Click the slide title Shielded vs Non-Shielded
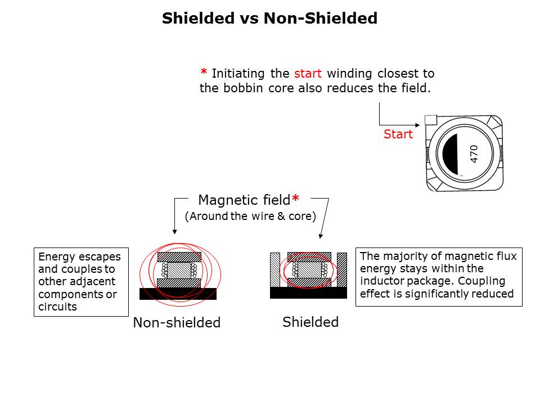point(269,19)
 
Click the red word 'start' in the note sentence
point(308,74)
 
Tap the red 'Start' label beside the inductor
point(398,135)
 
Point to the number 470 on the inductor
point(474,154)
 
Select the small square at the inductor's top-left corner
point(431,120)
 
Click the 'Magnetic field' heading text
point(244,200)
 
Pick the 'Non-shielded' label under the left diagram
point(177,323)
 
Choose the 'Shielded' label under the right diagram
point(310,322)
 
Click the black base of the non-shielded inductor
point(178,294)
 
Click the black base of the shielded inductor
point(308,292)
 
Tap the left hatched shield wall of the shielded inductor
point(275,270)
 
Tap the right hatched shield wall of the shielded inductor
point(341,270)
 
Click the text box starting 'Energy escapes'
point(81,282)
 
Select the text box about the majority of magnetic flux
point(439,276)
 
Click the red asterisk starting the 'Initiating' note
point(204,73)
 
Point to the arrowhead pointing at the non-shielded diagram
point(175,230)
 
